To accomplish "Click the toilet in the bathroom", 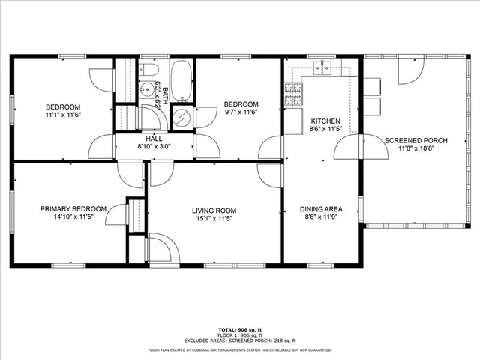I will pos(149,72).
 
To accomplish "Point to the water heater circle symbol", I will pos(181,118).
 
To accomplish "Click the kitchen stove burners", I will pos(292,94).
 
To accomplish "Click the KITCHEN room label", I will pos(325,121).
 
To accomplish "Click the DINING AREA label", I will pos(321,209).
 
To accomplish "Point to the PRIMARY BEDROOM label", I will pos(73,209).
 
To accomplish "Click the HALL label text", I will pos(154,139).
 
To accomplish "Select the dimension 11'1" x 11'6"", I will pos(62,115).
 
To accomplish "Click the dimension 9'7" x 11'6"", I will pos(241,112).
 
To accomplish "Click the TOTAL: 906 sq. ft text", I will pos(239,330).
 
